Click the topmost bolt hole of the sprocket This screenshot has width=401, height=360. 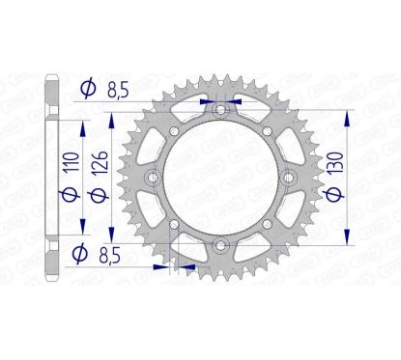222,109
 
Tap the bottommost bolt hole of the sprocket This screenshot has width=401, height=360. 222,248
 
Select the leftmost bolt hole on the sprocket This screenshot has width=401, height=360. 152,179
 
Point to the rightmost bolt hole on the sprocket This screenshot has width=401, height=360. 292,179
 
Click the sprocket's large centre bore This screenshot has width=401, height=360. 222,179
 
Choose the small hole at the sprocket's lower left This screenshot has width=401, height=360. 173,228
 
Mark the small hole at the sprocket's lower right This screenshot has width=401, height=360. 272,228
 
